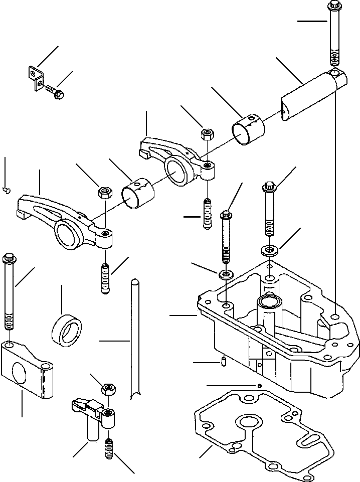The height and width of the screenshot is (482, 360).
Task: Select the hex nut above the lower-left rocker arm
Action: [105, 192]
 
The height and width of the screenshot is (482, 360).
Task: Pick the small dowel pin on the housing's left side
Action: [223, 362]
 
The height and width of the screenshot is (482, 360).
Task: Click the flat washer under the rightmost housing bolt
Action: [270, 249]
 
